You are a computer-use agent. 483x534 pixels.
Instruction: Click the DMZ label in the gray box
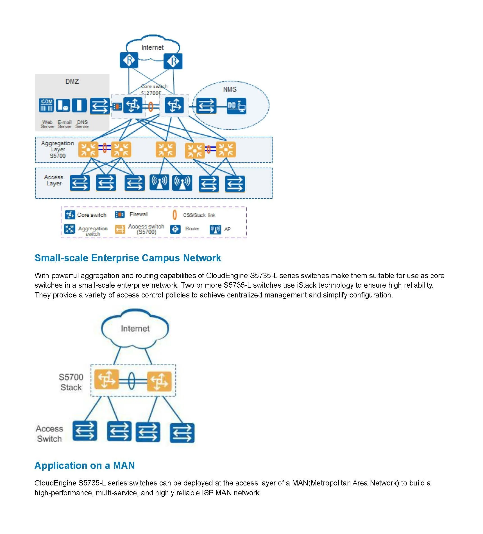72,81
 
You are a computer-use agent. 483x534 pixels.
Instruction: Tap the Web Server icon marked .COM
46,105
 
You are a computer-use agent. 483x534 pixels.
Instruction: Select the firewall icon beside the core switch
117,107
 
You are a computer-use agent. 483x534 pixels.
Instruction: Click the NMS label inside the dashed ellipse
230,89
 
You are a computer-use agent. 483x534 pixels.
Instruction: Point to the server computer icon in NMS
236,106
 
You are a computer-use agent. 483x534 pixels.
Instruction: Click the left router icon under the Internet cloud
129,60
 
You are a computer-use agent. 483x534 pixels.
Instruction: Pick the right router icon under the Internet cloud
173,61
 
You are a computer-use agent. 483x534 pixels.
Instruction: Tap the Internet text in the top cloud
152,47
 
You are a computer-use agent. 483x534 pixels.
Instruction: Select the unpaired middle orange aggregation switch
165,149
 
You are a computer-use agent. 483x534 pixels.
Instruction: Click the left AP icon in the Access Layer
159,182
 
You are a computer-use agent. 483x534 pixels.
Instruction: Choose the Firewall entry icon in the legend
120,215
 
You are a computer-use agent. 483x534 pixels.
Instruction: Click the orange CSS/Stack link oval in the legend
174,215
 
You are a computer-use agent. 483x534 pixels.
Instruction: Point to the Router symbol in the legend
175,229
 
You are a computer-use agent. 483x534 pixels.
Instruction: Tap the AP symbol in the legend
215,229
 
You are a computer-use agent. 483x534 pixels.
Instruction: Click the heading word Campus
160,258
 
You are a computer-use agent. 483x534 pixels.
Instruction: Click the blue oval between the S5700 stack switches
131,381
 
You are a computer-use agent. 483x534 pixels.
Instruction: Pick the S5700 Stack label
71,382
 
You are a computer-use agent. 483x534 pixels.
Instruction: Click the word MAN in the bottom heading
124,466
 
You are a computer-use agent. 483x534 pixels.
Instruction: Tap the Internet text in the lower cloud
135,328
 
